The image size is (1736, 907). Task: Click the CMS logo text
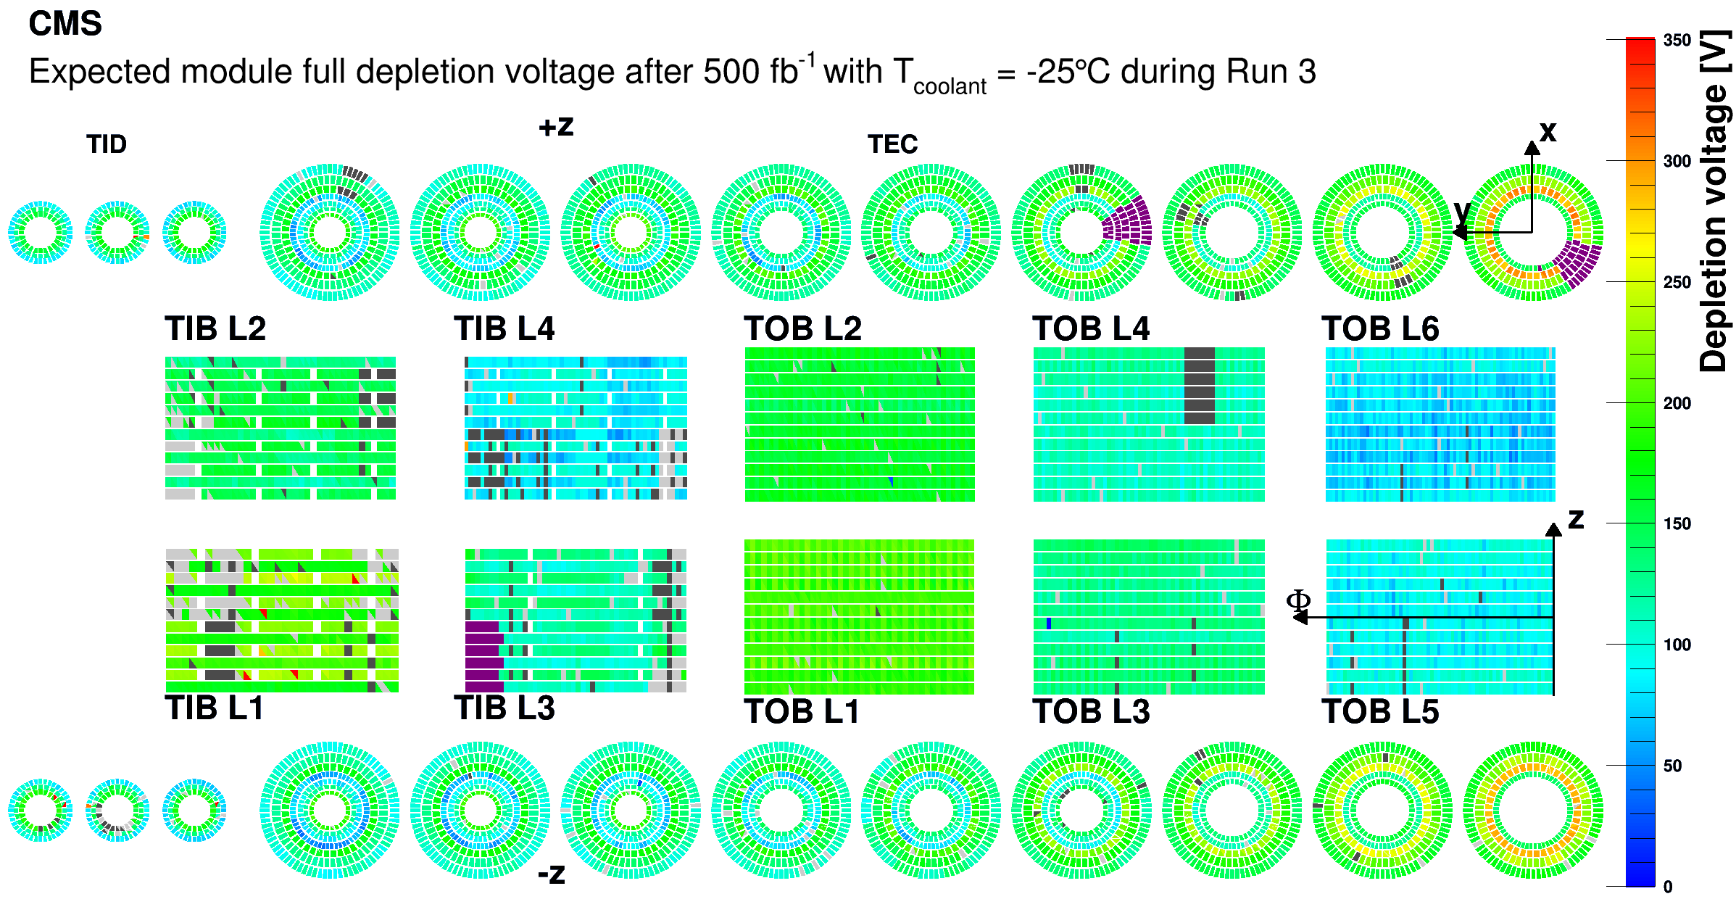65,24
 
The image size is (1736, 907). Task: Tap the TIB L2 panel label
215,328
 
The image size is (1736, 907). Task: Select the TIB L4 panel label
504,328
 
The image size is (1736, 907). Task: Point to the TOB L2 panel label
802,328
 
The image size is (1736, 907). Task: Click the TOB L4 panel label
1091,328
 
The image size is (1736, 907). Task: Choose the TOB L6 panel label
1380,328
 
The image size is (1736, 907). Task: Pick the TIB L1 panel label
214,708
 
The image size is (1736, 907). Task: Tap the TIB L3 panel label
504,708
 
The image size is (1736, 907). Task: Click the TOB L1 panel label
802,711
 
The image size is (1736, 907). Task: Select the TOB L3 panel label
1091,711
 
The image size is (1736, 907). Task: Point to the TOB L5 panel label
1380,711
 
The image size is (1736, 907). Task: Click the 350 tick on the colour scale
1677,41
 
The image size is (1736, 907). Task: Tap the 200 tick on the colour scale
1677,403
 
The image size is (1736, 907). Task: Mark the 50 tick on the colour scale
1672,766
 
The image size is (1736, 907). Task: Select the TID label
107,144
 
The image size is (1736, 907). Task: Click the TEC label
892,144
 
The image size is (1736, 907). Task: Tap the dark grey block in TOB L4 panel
1199,386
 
